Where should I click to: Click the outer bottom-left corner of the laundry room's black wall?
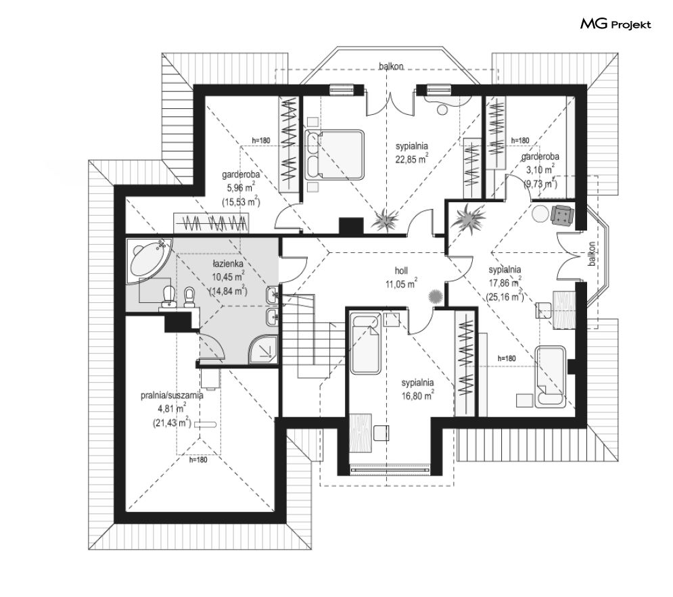pos(114,523)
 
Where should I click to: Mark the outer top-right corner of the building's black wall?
pos(586,85)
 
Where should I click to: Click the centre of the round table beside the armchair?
pos(540,214)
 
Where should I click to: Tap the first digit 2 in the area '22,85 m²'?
pos(398,160)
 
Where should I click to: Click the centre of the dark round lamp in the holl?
pos(435,296)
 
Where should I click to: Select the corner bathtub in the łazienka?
pos(148,260)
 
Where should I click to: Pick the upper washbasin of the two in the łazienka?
pos(273,294)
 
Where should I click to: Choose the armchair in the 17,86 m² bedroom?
pos(562,214)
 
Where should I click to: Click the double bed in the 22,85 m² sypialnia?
pos(335,155)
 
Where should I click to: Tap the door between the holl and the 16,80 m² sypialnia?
pos(421,320)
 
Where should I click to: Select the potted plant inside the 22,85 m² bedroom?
pos(385,221)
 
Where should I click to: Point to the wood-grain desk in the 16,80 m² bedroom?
pos(361,432)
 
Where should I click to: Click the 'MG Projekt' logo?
pos(616,24)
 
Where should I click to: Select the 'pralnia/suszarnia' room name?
pos(172,396)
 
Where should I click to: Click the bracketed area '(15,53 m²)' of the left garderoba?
pos(241,201)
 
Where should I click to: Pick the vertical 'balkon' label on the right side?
pos(593,254)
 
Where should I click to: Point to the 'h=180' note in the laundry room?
pos(198,460)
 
